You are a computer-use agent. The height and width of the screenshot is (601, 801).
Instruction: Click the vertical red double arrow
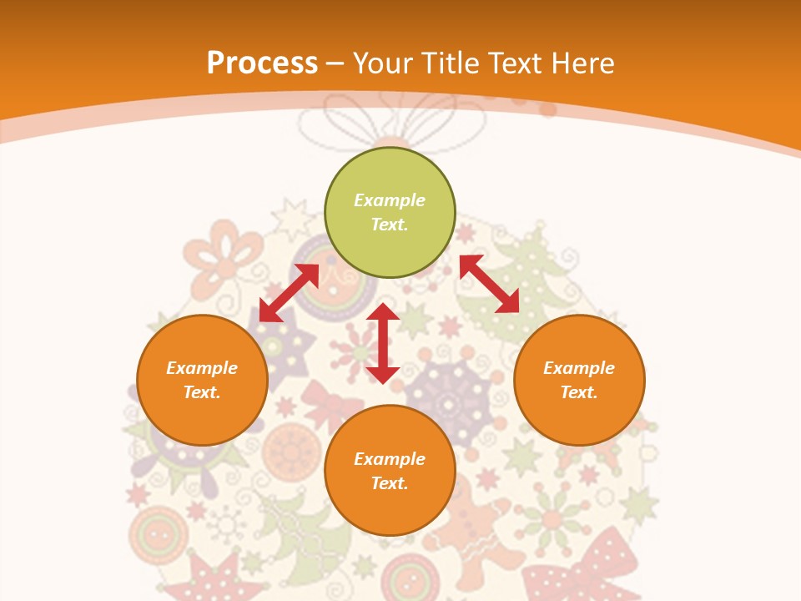click(383, 343)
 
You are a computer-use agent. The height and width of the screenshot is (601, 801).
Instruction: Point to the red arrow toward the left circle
click(289, 293)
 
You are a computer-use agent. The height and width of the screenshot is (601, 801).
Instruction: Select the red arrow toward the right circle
click(489, 284)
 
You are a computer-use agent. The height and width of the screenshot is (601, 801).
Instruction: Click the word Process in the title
click(262, 63)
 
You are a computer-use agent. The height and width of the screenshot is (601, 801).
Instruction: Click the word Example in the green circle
click(390, 200)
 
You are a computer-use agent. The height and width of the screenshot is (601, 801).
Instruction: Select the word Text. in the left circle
click(202, 392)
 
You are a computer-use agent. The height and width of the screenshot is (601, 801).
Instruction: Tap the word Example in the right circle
click(579, 368)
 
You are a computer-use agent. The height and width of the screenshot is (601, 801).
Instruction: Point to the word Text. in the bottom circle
click(390, 483)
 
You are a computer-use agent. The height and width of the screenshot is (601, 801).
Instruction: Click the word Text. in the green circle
click(390, 225)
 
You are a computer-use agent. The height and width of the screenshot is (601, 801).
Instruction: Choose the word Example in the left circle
click(202, 368)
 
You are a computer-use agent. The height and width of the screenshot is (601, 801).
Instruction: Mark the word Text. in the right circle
click(579, 392)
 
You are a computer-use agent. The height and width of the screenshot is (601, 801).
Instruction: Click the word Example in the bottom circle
click(390, 459)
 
